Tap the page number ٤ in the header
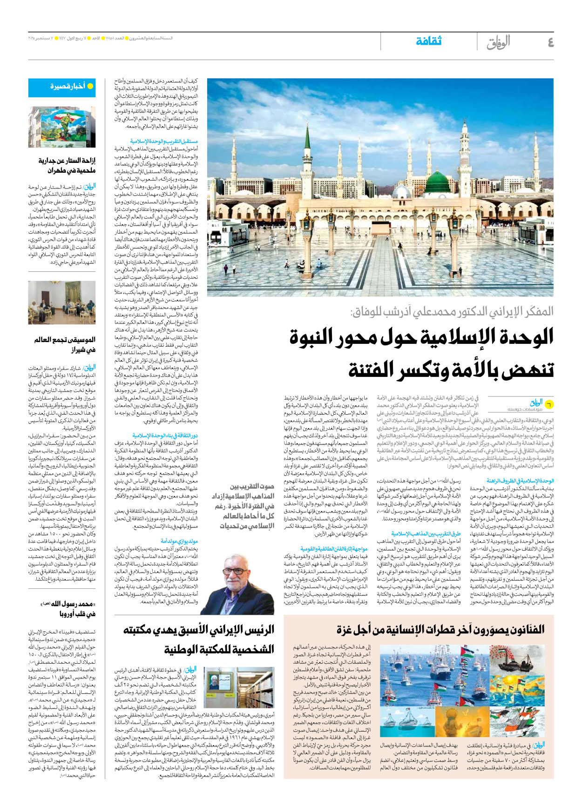[550, 42]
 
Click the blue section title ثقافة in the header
[428, 41]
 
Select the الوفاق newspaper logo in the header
[498, 42]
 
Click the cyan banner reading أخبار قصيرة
[62, 87]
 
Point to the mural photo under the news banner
[62, 127]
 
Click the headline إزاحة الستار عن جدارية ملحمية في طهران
[67, 165]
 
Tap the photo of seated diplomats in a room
[62, 303]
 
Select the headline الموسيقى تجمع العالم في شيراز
[65, 344]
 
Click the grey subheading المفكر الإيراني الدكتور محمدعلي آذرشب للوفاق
[452, 311]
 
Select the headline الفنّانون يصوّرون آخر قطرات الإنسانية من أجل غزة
[440, 630]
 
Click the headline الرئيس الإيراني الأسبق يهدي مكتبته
[199, 630]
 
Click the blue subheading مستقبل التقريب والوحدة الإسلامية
[164, 141]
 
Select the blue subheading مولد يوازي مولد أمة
[179, 541]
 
